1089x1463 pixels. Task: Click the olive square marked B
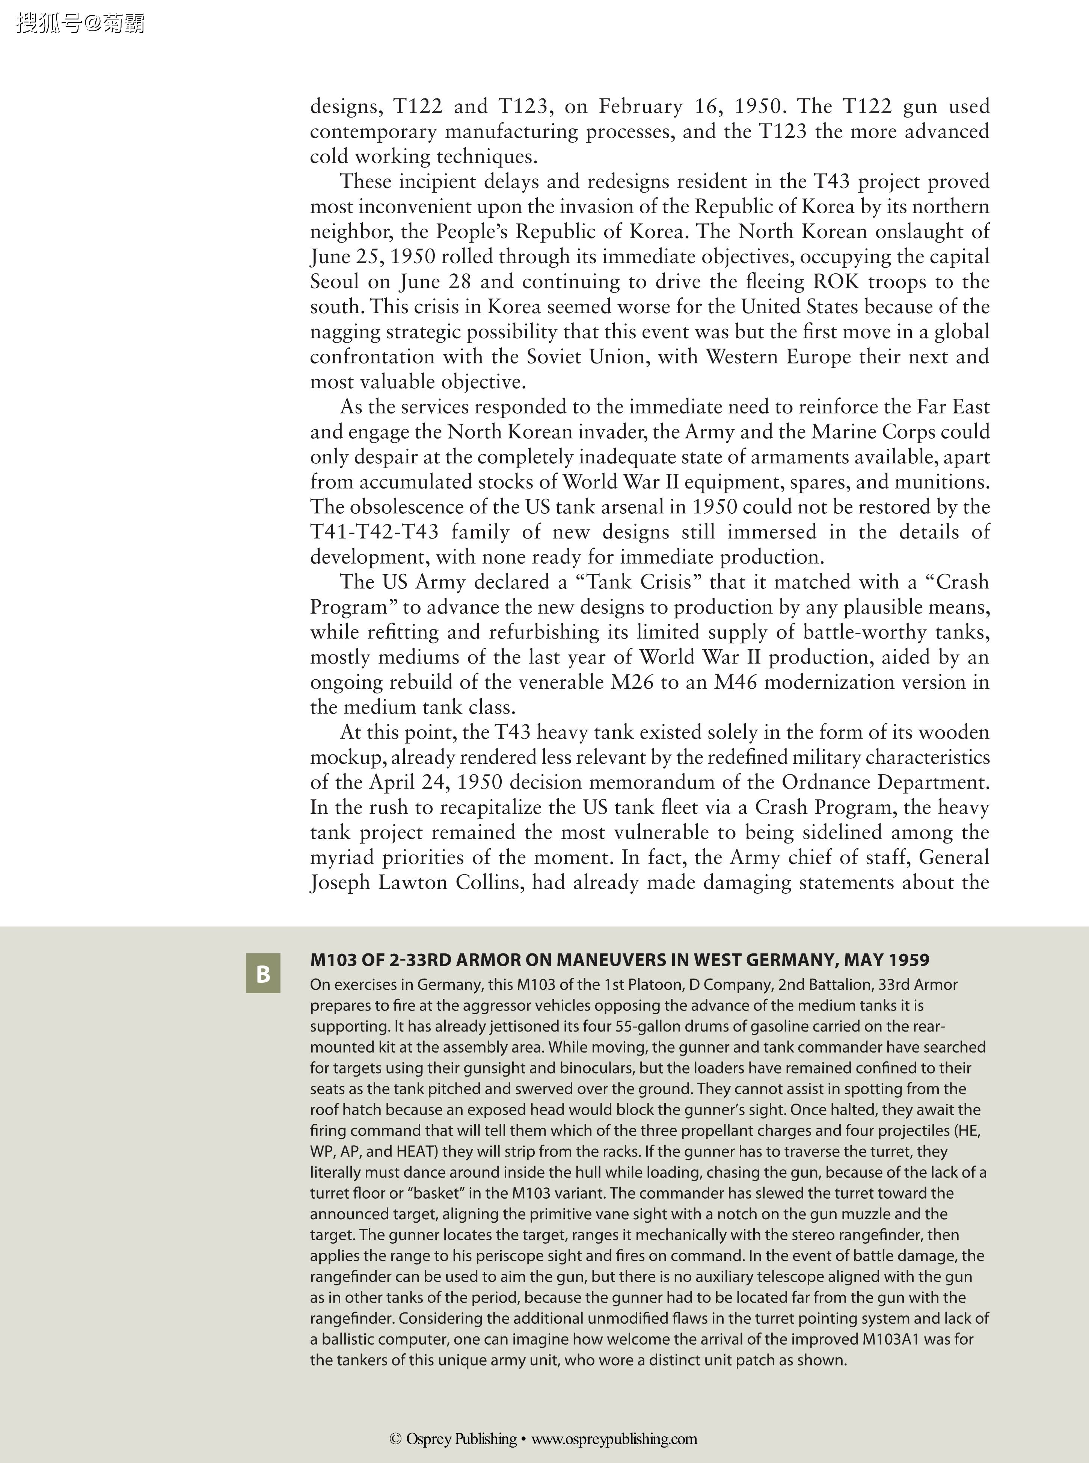[x=263, y=973]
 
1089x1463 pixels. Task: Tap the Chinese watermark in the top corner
[x=80, y=24]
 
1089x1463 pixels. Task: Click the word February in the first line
[x=641, y=106]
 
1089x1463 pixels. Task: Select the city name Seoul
[x=335, y=281]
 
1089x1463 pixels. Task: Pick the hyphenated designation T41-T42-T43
[x=374, y=532]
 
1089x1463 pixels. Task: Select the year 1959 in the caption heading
[x=908, y=960]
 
